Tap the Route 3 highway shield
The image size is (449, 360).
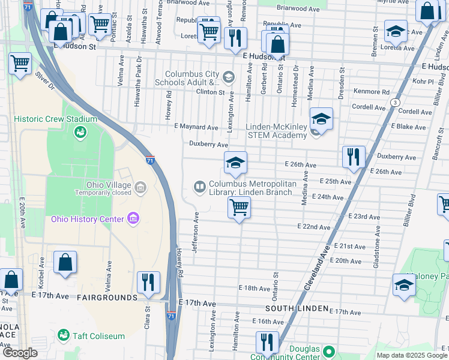[395, 103]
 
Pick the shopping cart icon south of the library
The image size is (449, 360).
[239, 208]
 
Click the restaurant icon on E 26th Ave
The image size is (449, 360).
[354, 157]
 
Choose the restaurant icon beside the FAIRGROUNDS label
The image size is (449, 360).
[148, 282]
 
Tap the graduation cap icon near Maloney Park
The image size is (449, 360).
[404, 285]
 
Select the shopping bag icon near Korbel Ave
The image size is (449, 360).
[65, 262]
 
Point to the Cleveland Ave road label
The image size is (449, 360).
[316, 269]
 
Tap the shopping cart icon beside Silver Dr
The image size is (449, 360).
[20, 63]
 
